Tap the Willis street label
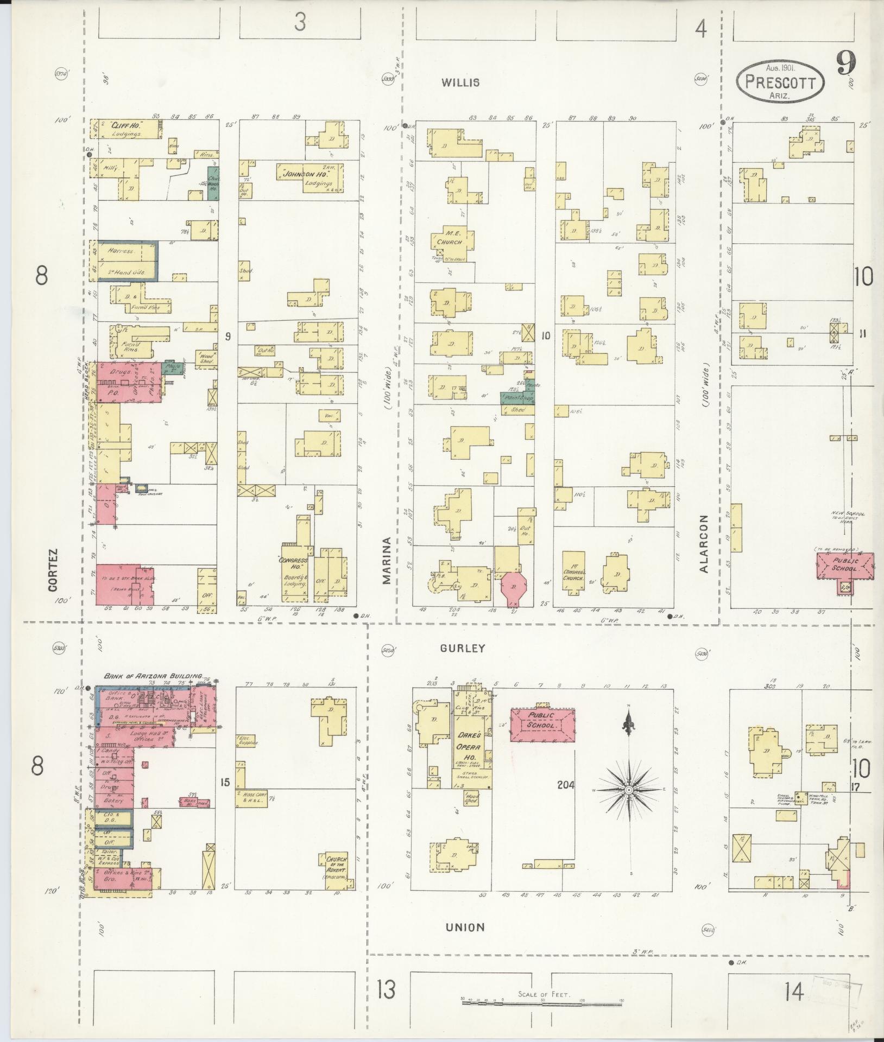coord(460,82)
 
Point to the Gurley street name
coord(463,648)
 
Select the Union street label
coord(465,927)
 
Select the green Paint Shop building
coord(517,398)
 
